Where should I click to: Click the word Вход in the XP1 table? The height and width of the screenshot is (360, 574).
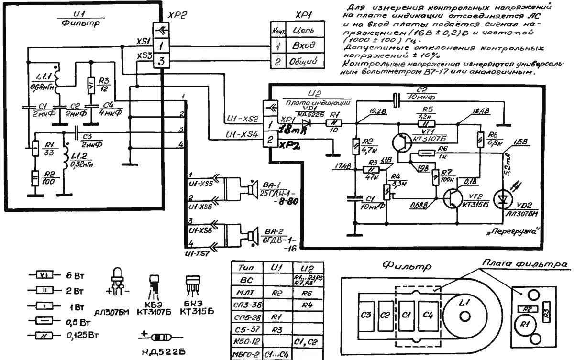tap(302, 47)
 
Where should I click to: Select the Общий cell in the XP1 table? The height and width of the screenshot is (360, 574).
tap(302, 63)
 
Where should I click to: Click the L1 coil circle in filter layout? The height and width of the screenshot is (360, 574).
tap(464, 316)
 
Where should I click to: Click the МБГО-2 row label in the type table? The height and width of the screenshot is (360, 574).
tap(246, 354)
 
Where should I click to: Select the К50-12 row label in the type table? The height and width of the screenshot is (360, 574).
tap(246, 341)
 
